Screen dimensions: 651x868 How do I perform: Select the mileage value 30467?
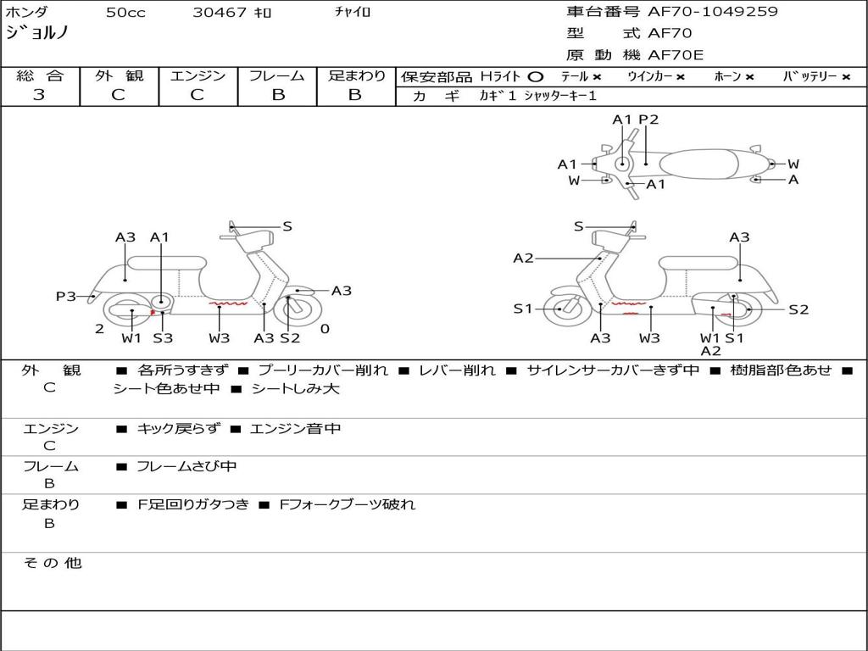[x=220, y=13]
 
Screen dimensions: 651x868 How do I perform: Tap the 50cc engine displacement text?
[x=125, y=13]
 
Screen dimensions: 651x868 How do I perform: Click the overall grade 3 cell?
[x=39, y=95]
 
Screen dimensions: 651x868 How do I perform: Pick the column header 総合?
[x=40, y=75]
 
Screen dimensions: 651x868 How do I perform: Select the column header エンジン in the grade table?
[x=198, y=75]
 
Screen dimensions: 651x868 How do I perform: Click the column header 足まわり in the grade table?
[x=356, y=75]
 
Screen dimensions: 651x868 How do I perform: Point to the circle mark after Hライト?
[x=535, y=77]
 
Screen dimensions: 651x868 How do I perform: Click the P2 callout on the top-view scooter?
[x=648, y=120]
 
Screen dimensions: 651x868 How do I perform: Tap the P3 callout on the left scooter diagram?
[x=66, y=296]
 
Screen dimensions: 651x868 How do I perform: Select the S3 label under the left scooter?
[x=163, y=338]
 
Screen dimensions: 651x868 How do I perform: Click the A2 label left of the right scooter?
[x=523, y=258]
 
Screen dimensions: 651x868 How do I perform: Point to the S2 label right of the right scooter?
[x=798, y=309]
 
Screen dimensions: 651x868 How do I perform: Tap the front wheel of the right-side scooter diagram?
[x=562, y=309]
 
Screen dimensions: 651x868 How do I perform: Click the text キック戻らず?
[x=178, y=429]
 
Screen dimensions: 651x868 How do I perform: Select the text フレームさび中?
[x=186, y=466]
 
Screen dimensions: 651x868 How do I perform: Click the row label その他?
[x=52, y=563]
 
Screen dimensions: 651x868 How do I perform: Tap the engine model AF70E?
[x=676, y=55]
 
